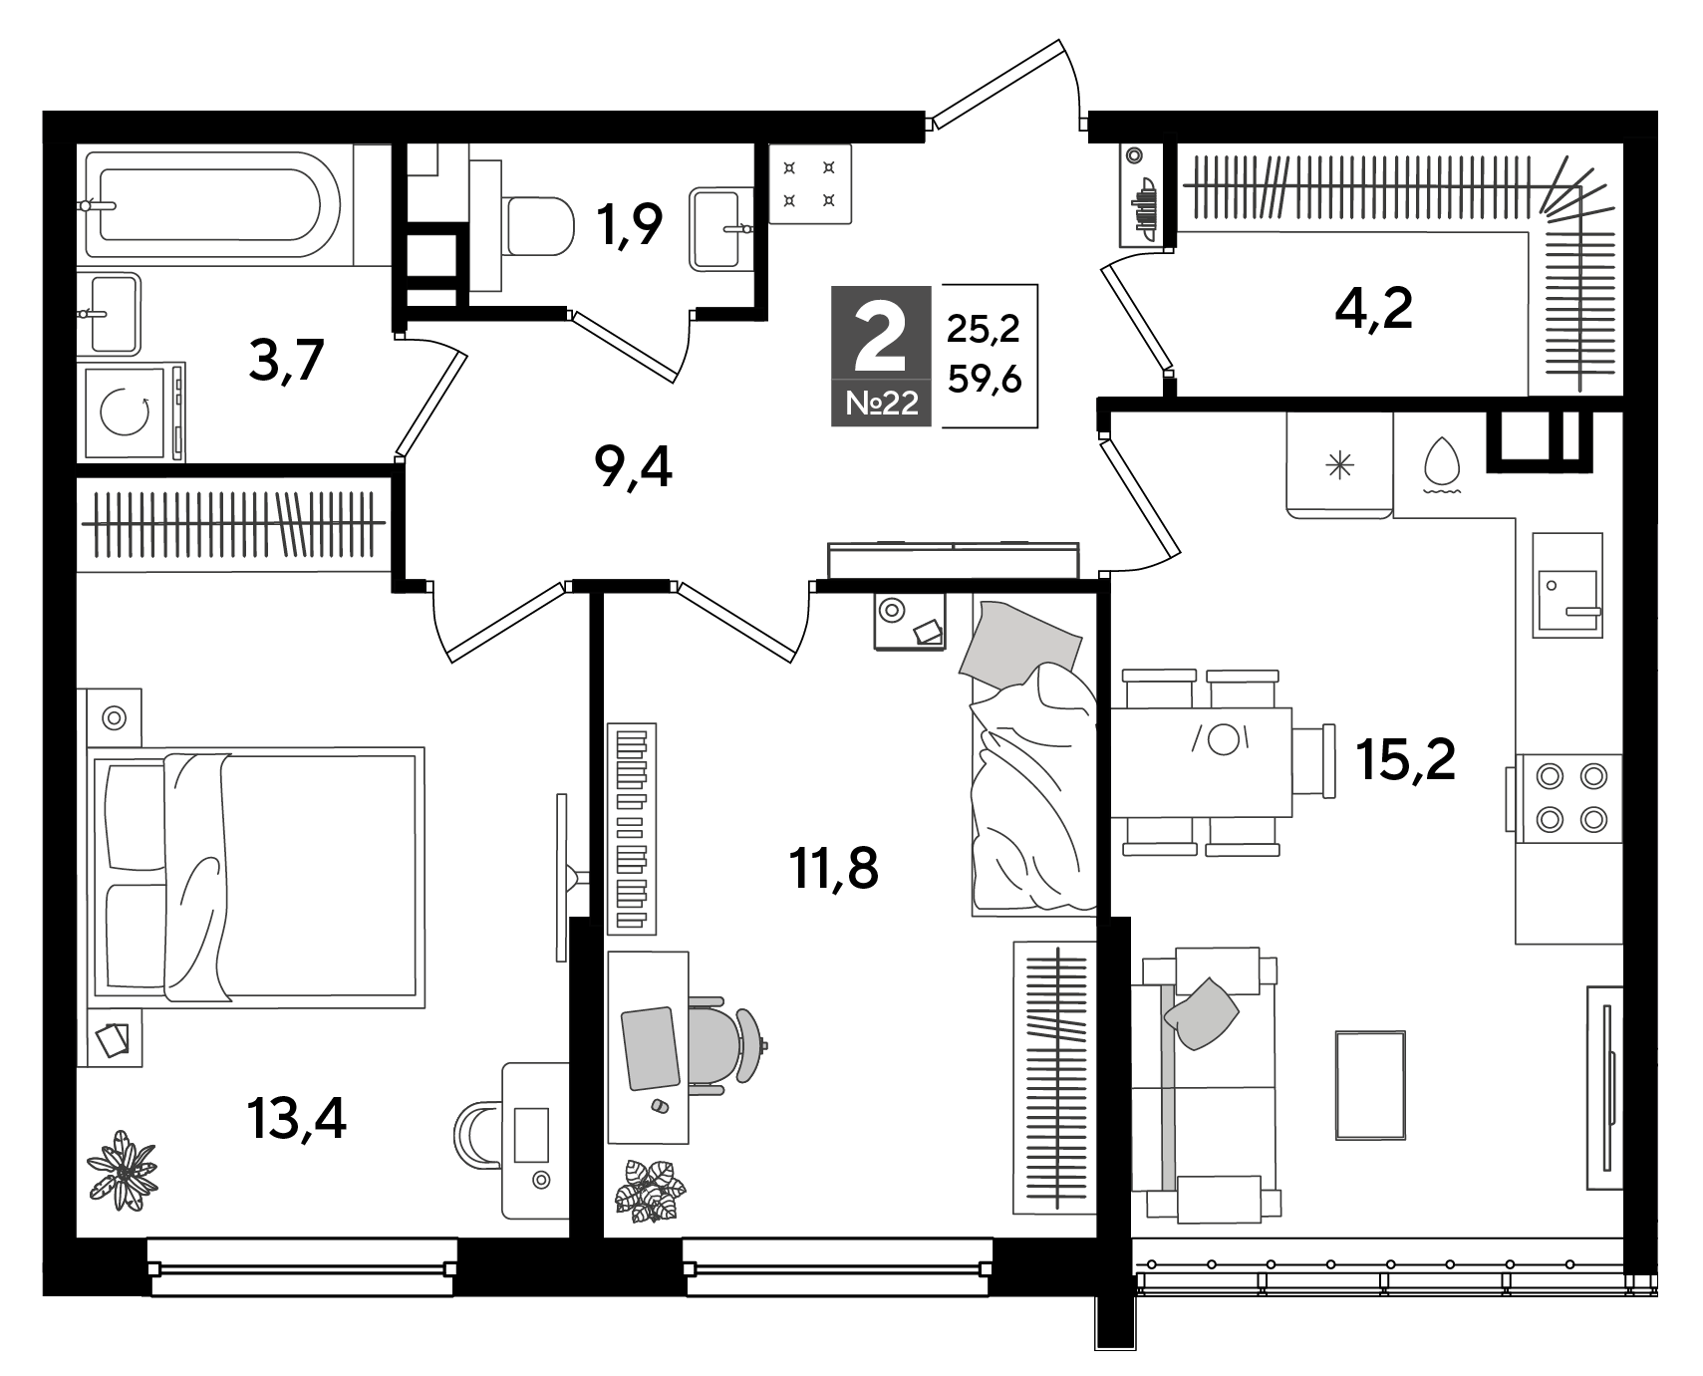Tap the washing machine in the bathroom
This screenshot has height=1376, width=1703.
click(135, 413)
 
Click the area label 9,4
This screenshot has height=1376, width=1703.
click(632, 467)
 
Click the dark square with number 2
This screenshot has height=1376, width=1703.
click(881, 355)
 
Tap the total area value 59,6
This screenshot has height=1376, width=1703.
click(985, 379)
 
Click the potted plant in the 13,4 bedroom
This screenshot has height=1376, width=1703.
click(123, 1170)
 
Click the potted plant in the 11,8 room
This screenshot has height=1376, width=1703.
click(651, 1190)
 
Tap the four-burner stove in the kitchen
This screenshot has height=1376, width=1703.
click(1567, 796)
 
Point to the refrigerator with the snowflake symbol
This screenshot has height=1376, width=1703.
click(1339, 464)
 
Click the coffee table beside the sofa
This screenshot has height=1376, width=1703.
click(1370, 1084)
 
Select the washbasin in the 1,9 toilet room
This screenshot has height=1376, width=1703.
click(717, 229)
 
